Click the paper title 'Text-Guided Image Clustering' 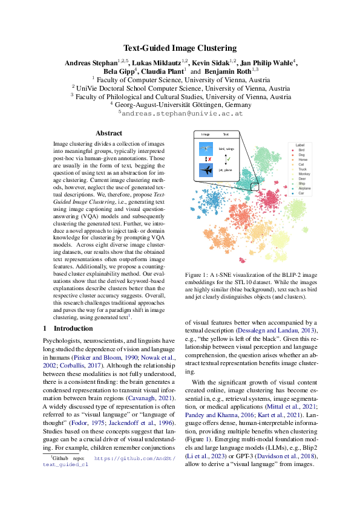point(180,48)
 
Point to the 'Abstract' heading point(108,133)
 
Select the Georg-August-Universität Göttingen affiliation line point(180,103)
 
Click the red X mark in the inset point(209,160)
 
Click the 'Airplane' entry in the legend point(303,188)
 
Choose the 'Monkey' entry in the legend point(303,173)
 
